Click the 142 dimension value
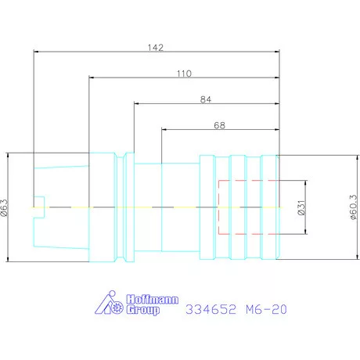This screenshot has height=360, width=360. coord(156,48)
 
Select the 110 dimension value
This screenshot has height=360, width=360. coord(184,74)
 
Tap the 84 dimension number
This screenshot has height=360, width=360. coord(206,99)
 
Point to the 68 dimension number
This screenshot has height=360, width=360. coord(219,125)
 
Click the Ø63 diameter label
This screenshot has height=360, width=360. coord(5,207)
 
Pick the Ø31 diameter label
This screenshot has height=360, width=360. coord(301,207)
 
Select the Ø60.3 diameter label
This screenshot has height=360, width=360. coord(353,207)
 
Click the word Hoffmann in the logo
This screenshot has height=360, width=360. coord(153,300)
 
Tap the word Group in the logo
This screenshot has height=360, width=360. coord(143,310)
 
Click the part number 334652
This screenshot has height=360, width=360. coord(211,309)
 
